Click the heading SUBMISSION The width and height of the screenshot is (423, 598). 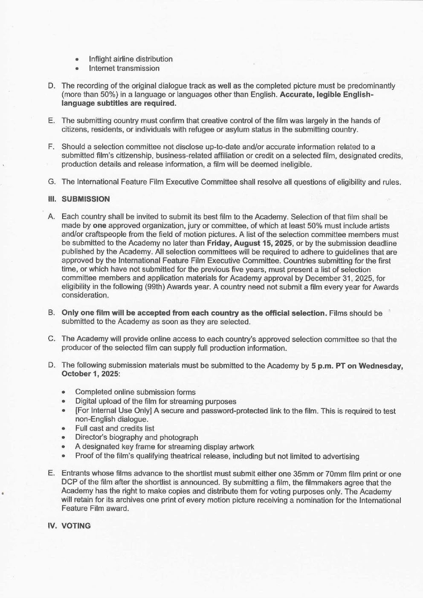(x=85, y=199)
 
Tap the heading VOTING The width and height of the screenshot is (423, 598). (x=76, y=526)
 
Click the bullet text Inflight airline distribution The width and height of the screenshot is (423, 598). (x=130, y=59)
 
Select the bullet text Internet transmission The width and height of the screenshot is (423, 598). (x=124, y=68)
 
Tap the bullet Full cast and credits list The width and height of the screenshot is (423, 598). (x=115, y=428)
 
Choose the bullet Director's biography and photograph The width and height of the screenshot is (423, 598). (x=136, y=437)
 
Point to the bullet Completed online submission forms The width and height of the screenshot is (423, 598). (x=135, y=392)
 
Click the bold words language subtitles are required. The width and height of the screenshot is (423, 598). (x=119, y=103)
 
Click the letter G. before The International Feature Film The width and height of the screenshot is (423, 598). (x=52, y=182)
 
